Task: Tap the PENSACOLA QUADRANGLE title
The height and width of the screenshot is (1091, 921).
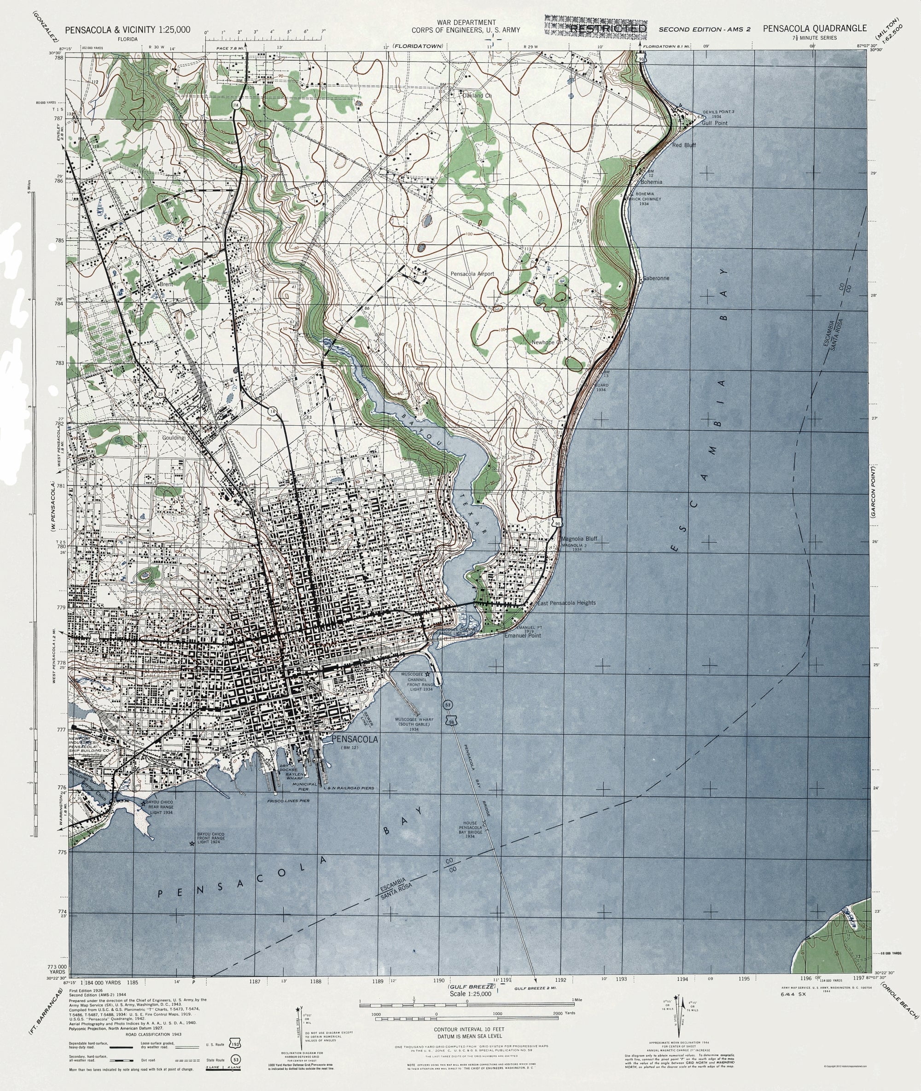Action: [814, 29]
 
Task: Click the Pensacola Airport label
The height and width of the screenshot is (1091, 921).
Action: [472, 274]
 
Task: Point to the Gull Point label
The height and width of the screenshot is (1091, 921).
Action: [715, 123]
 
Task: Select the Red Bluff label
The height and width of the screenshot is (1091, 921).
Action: [683, 145]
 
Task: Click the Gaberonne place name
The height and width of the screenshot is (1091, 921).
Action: [656, 278]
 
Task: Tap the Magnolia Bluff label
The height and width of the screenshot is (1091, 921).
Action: [578, 539]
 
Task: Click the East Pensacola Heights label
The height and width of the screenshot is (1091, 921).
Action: [566, 603]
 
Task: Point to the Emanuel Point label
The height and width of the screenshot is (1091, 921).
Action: [522, 636]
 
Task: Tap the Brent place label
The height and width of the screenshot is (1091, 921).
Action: [166, 285]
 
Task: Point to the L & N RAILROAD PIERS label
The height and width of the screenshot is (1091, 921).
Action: [348, 802]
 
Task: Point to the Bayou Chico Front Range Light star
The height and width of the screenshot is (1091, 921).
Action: [192, 844]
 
